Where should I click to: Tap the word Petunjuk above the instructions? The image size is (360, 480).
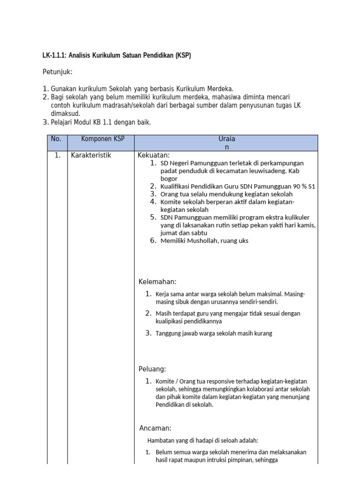pyautogui.click(x=58, y=72)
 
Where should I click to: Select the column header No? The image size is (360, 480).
pyautogui.click(x=56, y=139)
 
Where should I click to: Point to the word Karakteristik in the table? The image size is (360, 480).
pyautogui.click(x=91, y=155)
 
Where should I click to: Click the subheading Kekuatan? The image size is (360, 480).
pyautogui.click(x=153, y=155)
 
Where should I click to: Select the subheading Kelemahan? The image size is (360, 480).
pyautogui.click(x=157, y=282)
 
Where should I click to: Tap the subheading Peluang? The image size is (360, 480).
pyautogui.click(x=152, y=369)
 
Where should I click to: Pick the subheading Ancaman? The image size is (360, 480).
pyautogui.click(x=155, y=428)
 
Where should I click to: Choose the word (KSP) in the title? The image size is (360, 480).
pyautogui.click(x=183, y=55)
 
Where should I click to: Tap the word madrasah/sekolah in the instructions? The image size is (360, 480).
pyautogui.click(x=112, y=105)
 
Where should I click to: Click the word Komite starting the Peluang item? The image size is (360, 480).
pyautogui.click(x=166, y=381)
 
